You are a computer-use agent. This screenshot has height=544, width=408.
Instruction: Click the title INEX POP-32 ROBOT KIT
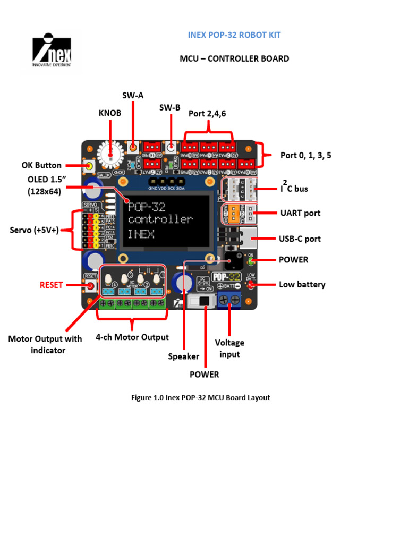234,35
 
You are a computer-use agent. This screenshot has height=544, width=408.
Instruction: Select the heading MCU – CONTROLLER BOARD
234,58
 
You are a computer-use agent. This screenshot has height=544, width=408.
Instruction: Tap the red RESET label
52,285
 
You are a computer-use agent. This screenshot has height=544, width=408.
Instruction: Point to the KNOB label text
110,113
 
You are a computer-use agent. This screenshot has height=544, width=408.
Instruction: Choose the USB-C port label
300,239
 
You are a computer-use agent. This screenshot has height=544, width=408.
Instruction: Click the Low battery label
302,284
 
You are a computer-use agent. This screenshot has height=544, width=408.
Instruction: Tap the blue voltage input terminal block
229,300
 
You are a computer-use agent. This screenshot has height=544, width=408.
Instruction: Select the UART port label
300,213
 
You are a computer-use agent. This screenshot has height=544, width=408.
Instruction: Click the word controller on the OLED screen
160,219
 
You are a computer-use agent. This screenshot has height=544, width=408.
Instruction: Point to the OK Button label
41,165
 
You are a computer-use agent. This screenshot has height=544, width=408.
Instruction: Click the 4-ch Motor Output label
132,337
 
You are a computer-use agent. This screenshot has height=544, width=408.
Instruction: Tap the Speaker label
183,356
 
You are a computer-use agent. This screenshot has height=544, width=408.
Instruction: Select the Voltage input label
229,348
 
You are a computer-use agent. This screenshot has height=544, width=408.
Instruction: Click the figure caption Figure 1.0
200,397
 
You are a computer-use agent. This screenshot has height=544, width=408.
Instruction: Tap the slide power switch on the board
202,301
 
